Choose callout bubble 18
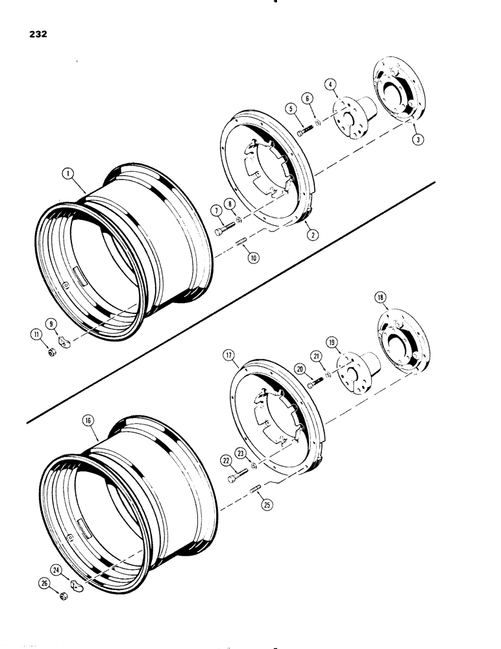tap(380, 299)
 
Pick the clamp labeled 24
tap(75, 586)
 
